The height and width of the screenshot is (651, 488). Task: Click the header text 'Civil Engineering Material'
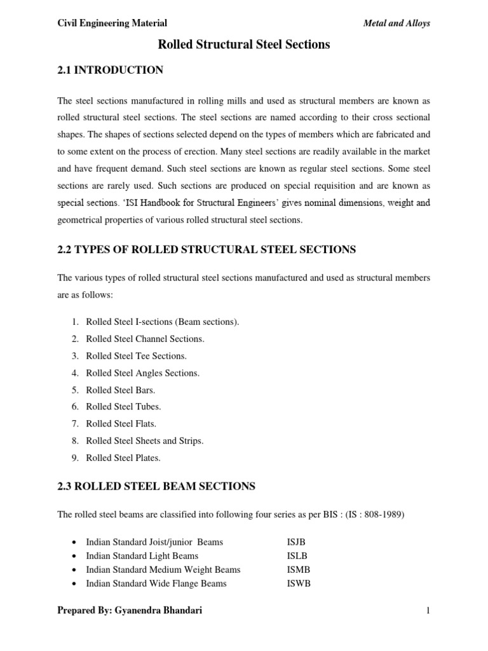[112, 24]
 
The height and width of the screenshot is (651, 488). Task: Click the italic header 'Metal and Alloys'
[396, 24]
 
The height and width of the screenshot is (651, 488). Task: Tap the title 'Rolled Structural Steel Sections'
[243, 45]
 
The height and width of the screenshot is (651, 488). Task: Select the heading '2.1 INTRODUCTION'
[110, 70]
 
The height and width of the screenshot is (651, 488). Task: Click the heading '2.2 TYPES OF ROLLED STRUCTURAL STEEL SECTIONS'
[207, 250]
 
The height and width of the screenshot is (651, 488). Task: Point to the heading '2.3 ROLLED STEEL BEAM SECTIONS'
[156, 486]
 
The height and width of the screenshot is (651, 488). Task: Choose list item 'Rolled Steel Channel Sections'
[145, 339]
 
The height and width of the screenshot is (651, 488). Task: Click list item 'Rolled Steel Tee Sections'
[136, 356]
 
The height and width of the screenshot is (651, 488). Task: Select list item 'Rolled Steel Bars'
[121, 390]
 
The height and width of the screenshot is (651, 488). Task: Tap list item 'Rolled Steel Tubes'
[123, 406]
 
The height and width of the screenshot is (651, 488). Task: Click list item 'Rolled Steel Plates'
[123, 457]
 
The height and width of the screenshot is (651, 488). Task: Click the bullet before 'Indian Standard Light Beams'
[76, 556]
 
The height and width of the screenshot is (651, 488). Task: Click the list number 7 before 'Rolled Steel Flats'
[74, 423]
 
